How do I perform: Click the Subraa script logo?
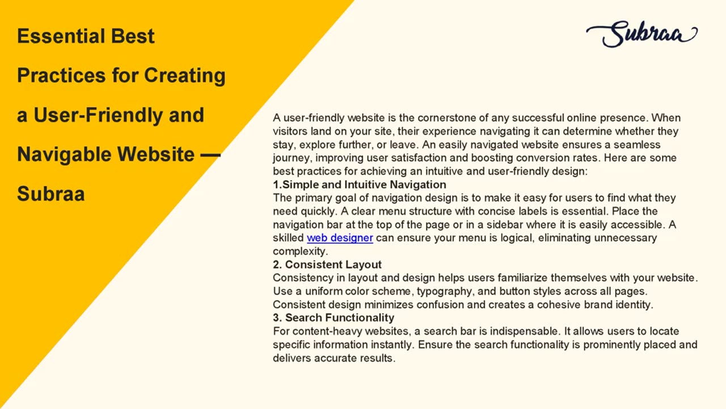(x=641, y=34)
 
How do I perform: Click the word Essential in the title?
(x=60, y=36)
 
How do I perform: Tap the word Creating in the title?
(x=185, y=76)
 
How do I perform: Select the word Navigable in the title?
(x=64, y=155)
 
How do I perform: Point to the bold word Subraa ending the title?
(x=51, y=194)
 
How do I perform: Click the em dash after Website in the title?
(x=210, y=155)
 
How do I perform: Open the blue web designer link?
(x=340, y=238)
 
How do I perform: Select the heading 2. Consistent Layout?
(x=327, y=265)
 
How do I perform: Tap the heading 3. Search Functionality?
(x=334, y=318)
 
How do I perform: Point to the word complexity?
(x=300, y=252)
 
